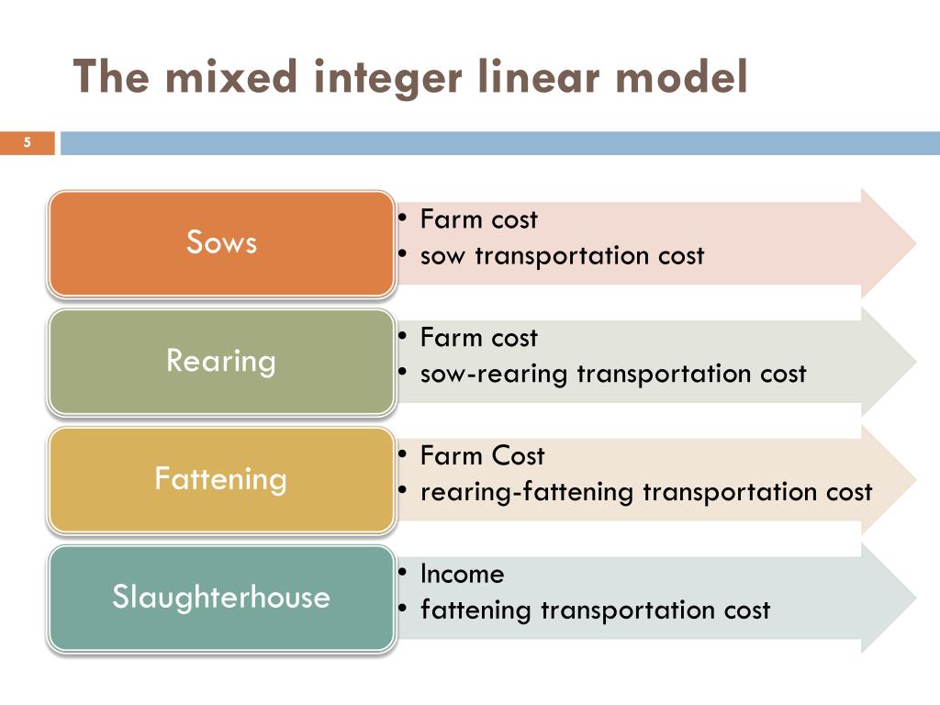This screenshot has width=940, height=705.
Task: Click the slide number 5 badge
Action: pos(28,143)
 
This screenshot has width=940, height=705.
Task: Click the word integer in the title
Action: pos(391,77)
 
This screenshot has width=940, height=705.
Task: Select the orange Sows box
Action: pos(221,243)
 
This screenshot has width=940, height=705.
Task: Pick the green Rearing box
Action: pos(221,361)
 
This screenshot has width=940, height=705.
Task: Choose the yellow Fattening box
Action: pos(221,479)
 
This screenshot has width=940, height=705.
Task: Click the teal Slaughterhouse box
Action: pos(221,598)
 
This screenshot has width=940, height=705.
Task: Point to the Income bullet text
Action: pos(462,575)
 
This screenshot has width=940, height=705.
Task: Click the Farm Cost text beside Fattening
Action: pos(482,456)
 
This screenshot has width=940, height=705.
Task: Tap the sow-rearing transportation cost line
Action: pos(613,374)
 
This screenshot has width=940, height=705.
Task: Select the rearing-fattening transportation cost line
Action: pos(646,492)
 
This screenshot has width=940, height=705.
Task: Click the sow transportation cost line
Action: pos(562,255)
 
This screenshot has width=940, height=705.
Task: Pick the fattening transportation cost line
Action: pos(595,610)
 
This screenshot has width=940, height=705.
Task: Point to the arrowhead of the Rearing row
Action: pos(890,361)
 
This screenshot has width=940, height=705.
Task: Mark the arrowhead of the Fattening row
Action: pos(890,479)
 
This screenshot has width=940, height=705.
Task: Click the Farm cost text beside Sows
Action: pos(478,220)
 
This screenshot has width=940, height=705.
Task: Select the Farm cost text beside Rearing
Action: pos(478,338)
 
